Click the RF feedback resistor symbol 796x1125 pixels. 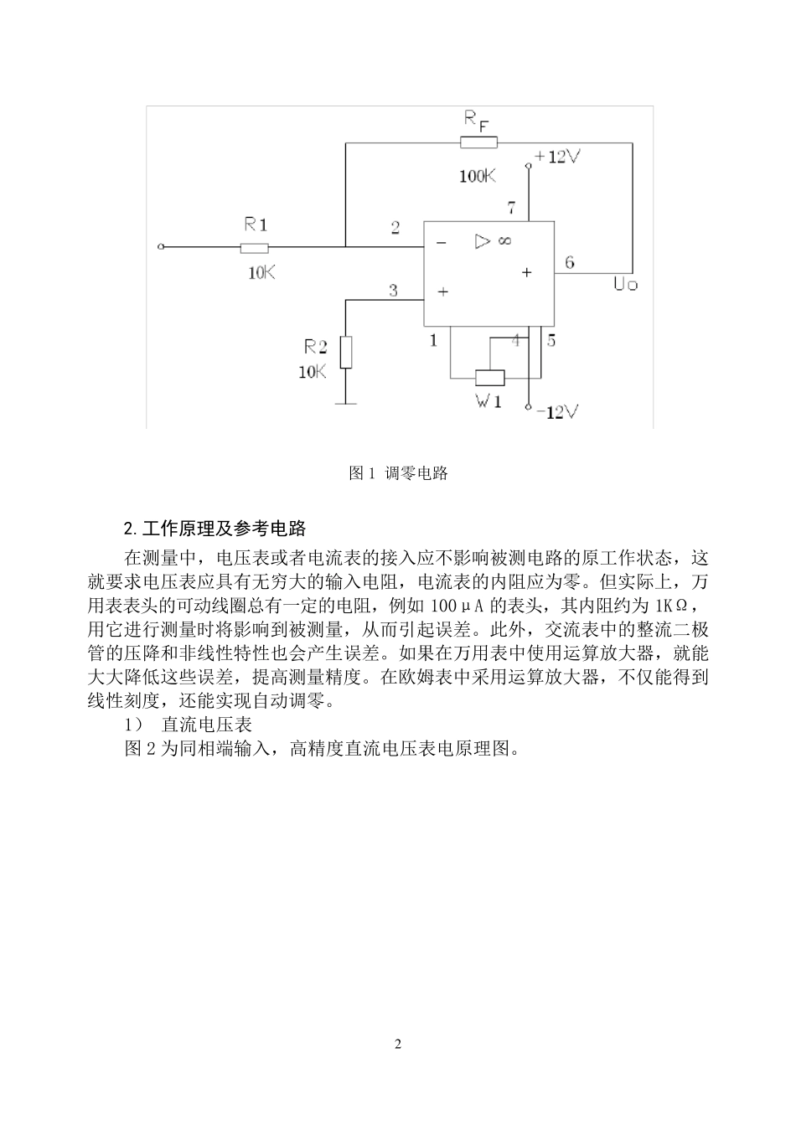478,143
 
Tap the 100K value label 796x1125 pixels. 477,176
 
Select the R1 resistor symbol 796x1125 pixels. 254,247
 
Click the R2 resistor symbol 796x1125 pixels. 345,352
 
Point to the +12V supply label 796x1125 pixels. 555,157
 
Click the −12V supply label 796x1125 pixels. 556,411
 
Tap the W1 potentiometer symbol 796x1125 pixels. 489,377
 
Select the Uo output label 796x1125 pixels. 625,285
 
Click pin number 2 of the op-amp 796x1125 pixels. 395,228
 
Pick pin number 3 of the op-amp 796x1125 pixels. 393,291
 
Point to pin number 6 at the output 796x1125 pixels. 570,262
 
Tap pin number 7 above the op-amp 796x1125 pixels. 510,208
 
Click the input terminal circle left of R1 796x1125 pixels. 162,247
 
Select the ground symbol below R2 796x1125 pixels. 345,405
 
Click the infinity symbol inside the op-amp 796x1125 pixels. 504,241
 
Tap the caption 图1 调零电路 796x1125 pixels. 398,473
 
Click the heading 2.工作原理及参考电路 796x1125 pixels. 215,529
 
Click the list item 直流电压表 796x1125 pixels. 207,724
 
